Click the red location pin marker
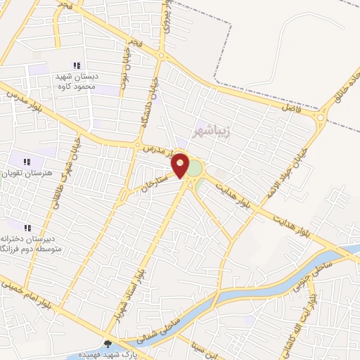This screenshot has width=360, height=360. pyautogui.click(x=181, y=165)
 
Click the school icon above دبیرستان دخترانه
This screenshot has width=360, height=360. pyautogui.click(x=28, y=228)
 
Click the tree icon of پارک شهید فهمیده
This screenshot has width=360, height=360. pyautogui.click(x=108, y=345)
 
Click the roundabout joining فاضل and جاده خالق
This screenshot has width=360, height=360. pyautogui.click(x=323, y=117)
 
